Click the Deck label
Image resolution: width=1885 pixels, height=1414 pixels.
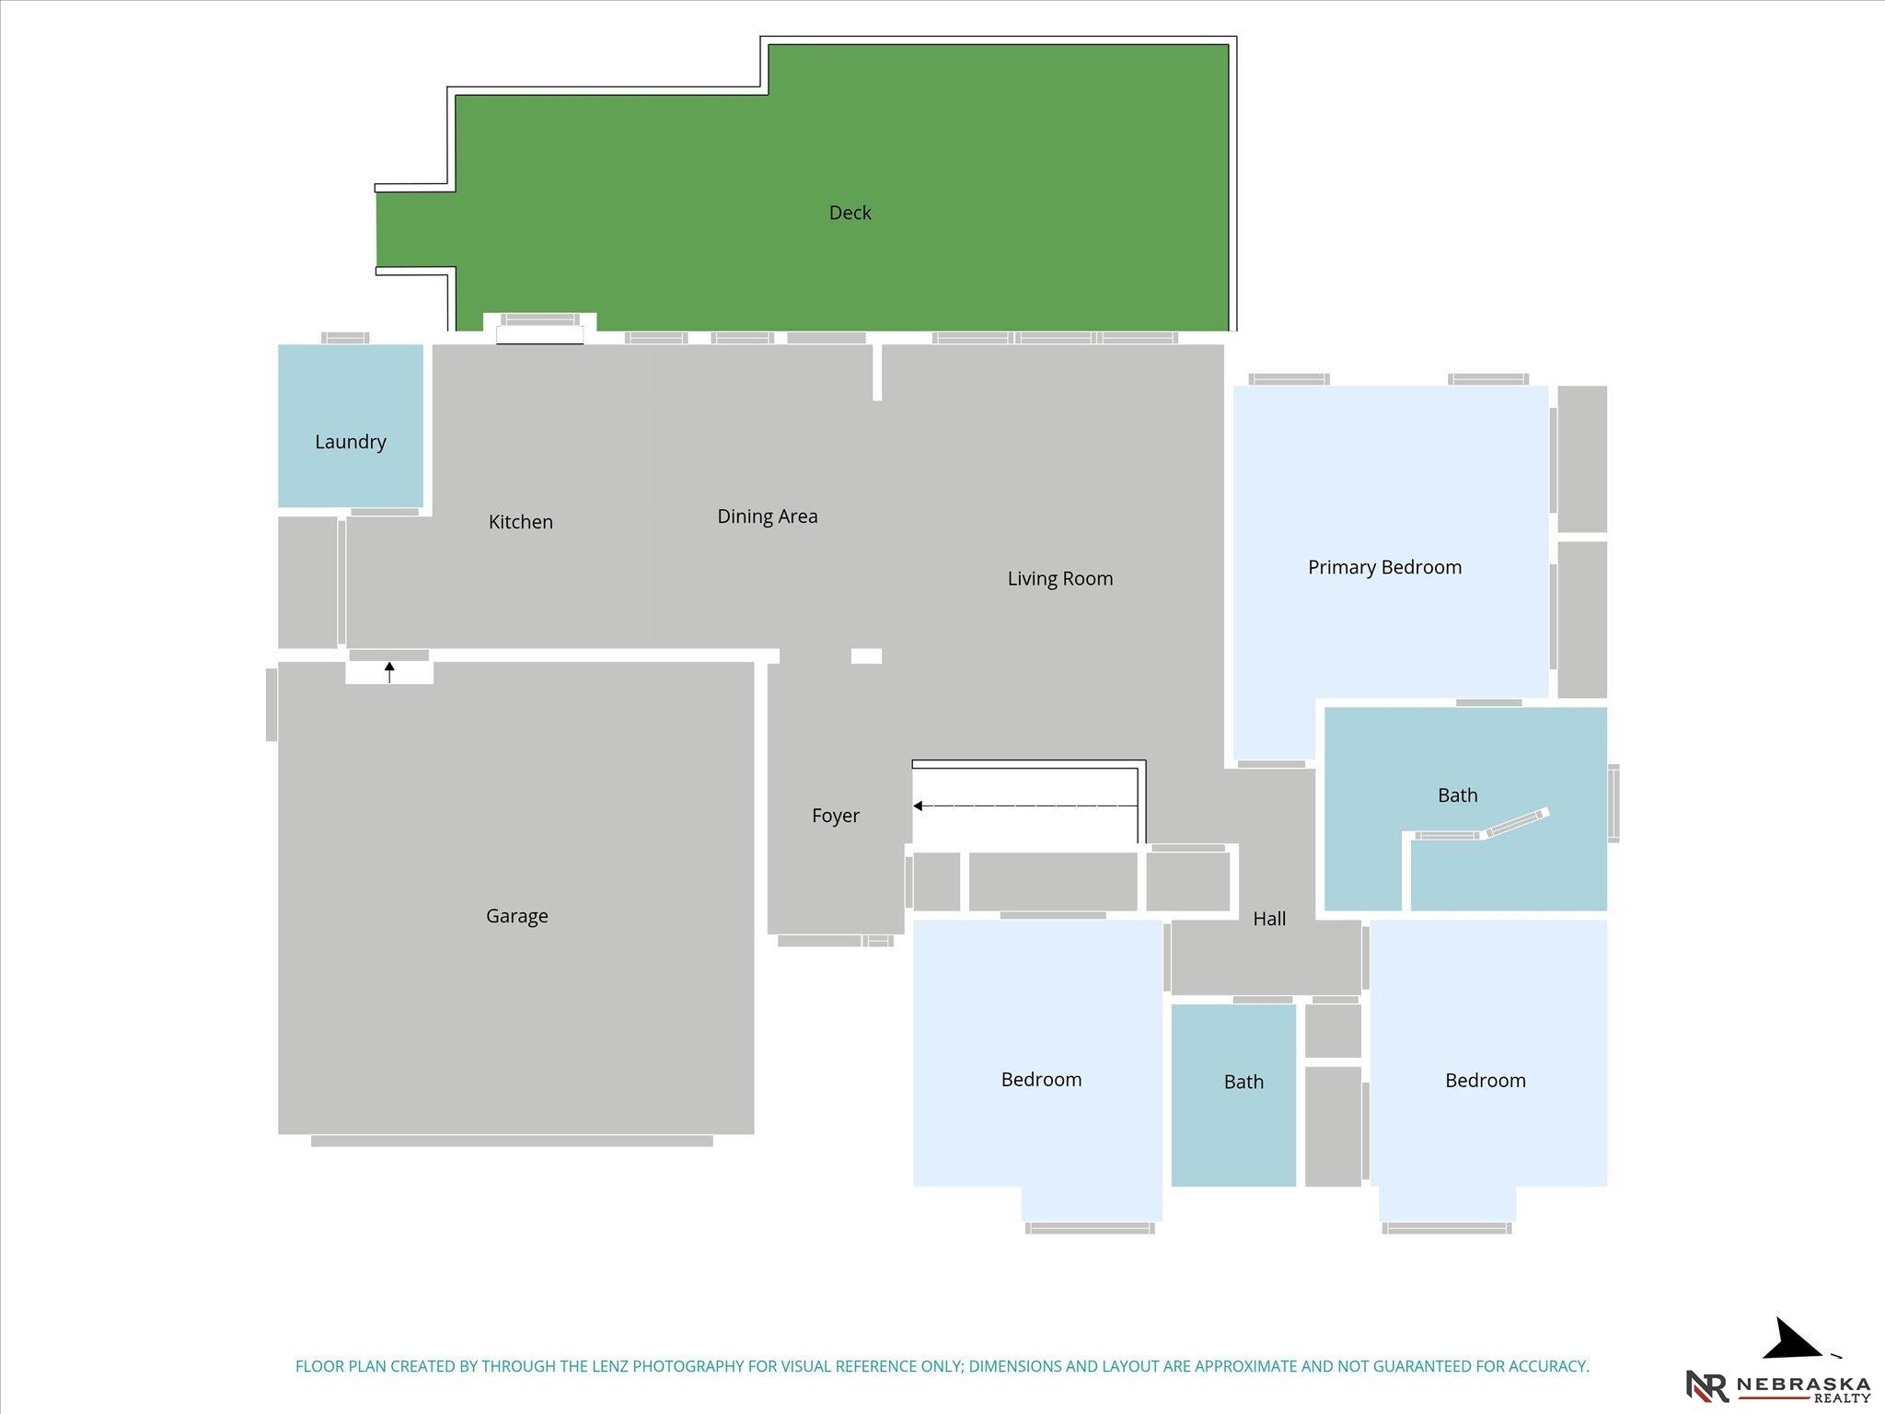(850, 213)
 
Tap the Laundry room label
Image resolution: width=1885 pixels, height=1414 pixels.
(351, 442)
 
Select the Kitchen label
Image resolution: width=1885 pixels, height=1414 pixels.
(521, 522)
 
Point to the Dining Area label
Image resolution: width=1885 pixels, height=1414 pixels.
(768, 516)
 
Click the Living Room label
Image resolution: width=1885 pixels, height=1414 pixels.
(1060, 579)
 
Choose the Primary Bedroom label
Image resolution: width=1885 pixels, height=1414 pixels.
(1385, 567)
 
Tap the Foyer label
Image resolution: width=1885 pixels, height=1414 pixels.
(836, 816)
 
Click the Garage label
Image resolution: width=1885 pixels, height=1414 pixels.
(517, 916)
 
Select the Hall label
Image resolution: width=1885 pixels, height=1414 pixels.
(1269, 918)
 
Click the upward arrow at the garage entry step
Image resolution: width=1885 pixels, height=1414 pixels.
(389, 672)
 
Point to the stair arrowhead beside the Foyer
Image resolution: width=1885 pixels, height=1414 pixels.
(918, 806)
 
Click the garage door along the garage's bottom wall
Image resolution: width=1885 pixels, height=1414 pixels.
(512, 1142)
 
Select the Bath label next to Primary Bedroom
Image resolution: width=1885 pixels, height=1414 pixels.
(1458, 795)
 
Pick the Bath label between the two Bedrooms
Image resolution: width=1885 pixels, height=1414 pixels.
(1243, 1083)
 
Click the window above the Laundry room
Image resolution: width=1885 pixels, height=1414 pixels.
(345, 338)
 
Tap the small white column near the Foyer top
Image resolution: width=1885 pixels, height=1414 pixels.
(866, 656)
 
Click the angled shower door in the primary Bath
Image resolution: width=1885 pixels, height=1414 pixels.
(1518, 823)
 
